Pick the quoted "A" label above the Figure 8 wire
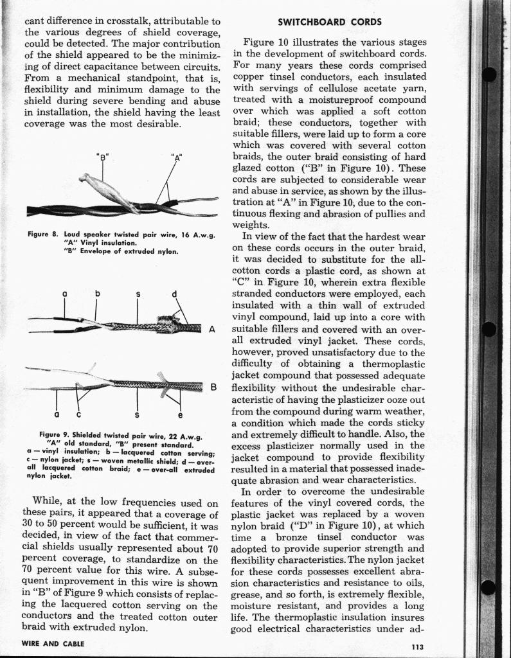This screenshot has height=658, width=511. pos(175,156)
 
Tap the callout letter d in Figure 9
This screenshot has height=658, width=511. pos(175,295)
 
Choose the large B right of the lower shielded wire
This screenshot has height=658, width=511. pos(214,387)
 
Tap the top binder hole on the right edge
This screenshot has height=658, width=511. pos(489,75)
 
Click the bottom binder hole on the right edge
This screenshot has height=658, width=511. pos(489,587)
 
